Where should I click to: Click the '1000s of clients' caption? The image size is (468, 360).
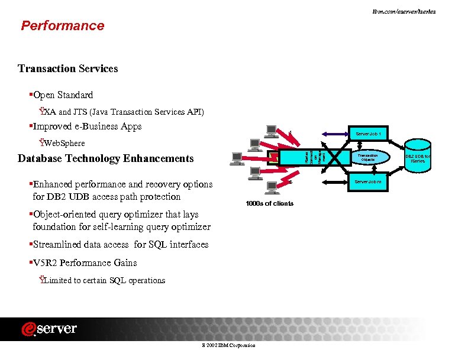(x=269, y=204)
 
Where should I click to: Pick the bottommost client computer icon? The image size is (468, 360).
(x=273, y=187)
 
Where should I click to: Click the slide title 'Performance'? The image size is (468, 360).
(x=62, y=25)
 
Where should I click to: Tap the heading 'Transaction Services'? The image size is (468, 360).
(x=67, y=69)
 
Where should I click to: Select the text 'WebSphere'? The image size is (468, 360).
(x=62, y=143)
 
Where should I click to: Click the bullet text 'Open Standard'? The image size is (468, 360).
(x=63, y=95)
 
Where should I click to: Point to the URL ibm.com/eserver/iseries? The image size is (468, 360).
(x=404, y=11)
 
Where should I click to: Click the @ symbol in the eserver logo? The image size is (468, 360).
(x=29, y=329)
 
